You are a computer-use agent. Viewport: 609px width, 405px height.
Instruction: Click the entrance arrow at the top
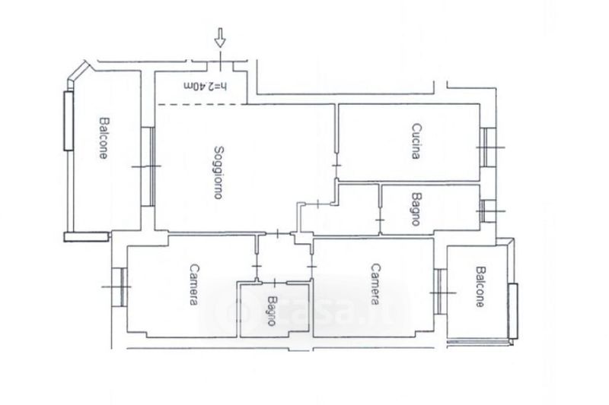click(220, 37)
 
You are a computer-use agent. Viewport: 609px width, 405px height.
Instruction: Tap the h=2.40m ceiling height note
click(205, 86)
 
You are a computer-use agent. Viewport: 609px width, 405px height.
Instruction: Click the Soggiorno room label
click(219, 172)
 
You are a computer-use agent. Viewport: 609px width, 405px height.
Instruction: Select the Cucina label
click(416, 141)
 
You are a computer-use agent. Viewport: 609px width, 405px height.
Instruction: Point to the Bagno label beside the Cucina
click(416, 209)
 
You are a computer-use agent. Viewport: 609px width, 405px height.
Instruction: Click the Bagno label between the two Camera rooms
click(272, 311)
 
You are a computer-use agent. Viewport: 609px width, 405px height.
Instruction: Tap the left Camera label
click(194, 285)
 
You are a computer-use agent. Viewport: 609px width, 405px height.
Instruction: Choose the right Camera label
click(375, 284)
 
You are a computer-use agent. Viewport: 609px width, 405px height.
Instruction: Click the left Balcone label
click(103, 138)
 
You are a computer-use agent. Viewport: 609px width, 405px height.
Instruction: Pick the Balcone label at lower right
click(481, 286)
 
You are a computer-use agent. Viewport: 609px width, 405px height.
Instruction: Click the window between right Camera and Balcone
click(441, 292)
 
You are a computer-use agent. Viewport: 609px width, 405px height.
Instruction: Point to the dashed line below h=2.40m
click(201, 104)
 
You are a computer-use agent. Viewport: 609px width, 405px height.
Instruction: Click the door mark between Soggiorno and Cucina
click(336, 166)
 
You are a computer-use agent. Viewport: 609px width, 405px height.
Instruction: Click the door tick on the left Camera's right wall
click(257, 266)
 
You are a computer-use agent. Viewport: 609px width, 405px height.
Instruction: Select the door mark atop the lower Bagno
click(275, 282)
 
